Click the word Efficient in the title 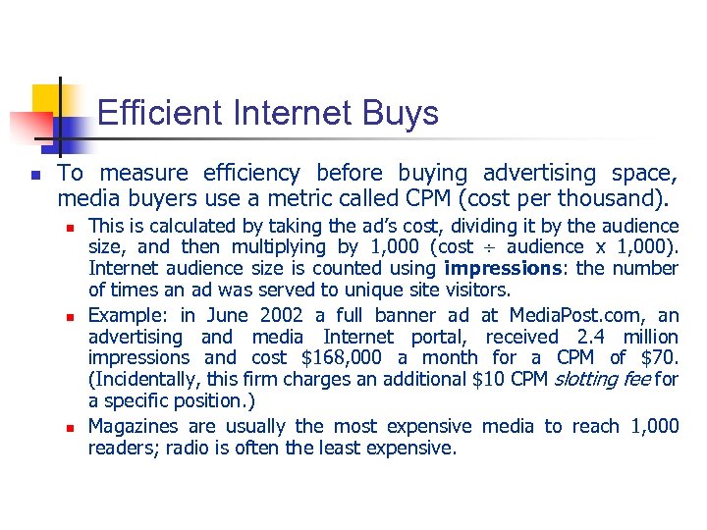coord(160,114)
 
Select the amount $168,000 coord(332,358)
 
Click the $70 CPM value coord(662,358)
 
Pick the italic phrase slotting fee coord(601,380)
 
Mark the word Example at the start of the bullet coord(129,315)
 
